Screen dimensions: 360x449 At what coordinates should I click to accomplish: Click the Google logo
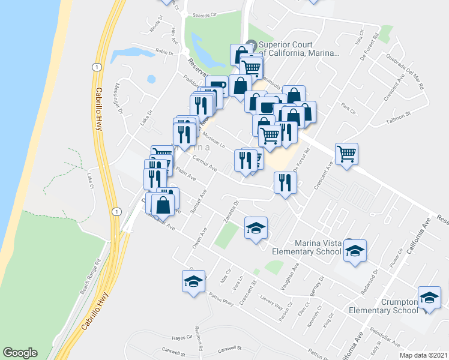(20, 353)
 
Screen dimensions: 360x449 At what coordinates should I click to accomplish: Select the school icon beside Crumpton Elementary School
(429, 298)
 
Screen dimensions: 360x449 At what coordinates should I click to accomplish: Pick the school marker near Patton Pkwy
(194, 281)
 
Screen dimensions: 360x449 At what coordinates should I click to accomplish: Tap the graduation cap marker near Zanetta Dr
(256, 229)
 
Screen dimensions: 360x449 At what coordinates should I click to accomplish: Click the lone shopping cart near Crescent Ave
(347, 155)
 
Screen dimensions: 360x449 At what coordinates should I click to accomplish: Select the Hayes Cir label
(180, 338)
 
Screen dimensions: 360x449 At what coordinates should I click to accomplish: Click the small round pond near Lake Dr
(151, 79)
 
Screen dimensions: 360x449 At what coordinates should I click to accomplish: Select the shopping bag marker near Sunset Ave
(164, 204)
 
